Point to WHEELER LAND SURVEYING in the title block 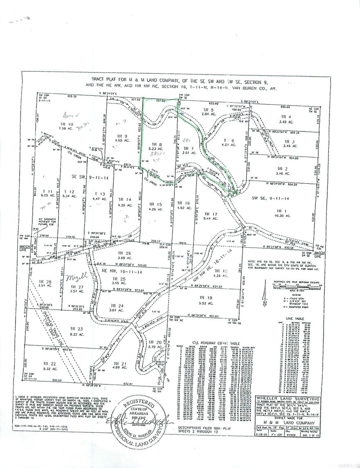pyautogui.click(x=283, y=398)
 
